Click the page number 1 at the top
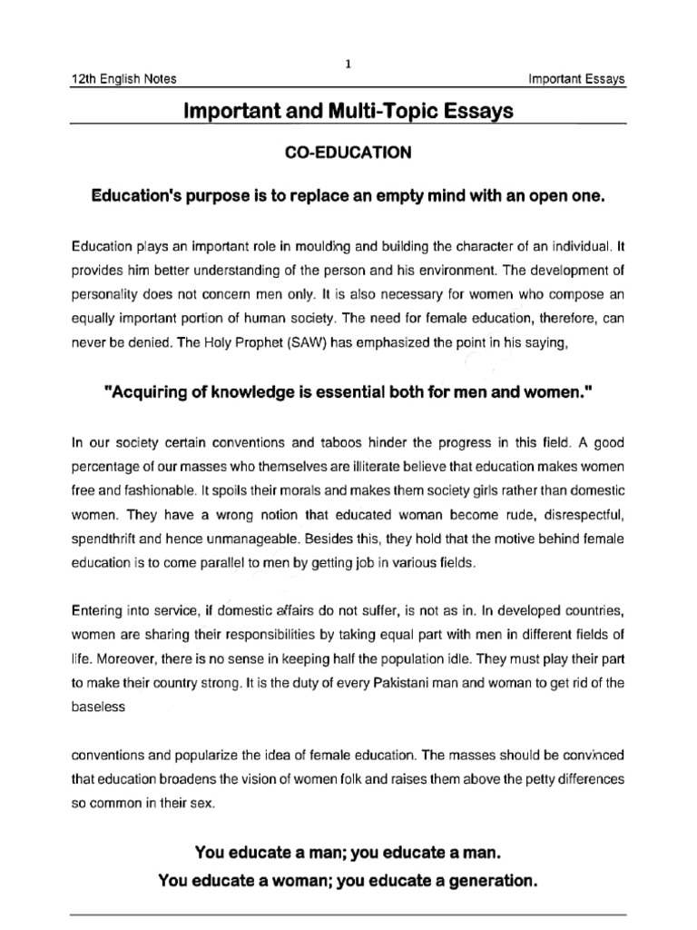[348, 63]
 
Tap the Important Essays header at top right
[577, 80]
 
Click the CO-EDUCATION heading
[348, 153]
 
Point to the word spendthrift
[103, 539]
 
